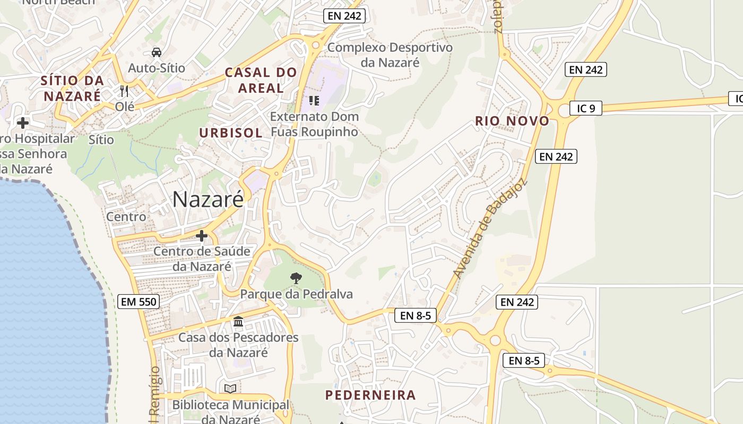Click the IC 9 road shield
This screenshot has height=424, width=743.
tap(586, 108)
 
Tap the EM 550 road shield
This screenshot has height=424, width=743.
tap(138, 302)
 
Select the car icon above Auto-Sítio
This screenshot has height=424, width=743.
tap(157, 52)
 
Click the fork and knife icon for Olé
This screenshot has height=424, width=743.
tap(124, 91)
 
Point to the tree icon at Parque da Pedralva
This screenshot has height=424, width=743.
tap(296, 277)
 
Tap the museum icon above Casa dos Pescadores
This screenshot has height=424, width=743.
tap(238, 321)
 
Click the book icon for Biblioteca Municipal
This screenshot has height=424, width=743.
tap(230, 388)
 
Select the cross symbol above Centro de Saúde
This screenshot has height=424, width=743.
tap(201, 235)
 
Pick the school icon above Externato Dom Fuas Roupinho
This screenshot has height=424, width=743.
tap(314, 100)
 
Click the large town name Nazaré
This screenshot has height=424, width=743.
tap(208, 199)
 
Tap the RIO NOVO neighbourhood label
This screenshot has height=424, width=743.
tap(512, 121)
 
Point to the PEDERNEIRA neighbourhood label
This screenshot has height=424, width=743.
tap(370, 395)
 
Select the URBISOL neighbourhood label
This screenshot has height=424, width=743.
tap(230, 132)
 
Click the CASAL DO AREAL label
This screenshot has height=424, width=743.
tap(261, 80)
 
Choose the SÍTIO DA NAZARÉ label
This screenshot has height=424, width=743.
tap(73, 88)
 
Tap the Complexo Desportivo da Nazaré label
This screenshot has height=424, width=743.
tap(390, 55)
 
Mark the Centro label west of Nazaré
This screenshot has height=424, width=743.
tap(126, 216)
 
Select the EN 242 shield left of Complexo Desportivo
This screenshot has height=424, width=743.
tap(344, 16)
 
